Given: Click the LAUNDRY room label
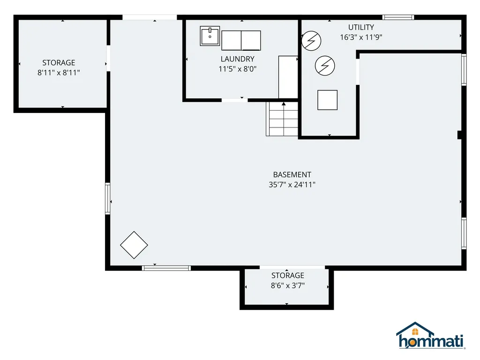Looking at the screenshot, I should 237,59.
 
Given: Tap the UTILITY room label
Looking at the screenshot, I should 361,27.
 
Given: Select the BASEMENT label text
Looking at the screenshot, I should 292,175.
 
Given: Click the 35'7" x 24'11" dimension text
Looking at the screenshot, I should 292,185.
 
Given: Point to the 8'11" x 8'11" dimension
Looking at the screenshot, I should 59,73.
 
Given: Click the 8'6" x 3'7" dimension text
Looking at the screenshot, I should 287,285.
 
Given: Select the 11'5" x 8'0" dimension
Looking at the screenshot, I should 237,69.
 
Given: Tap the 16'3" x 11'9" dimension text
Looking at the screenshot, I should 361,37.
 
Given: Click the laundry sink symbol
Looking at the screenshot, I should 210,36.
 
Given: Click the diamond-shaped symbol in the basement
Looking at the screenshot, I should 134,245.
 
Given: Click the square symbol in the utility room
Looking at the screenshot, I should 327,100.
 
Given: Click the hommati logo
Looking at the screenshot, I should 430,336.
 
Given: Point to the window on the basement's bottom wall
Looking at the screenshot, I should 166,268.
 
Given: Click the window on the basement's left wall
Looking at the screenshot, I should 107,198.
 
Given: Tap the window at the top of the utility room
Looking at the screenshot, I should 398,17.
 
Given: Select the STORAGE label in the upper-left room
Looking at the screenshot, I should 59,63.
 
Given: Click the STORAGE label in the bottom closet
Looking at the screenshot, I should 287,275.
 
